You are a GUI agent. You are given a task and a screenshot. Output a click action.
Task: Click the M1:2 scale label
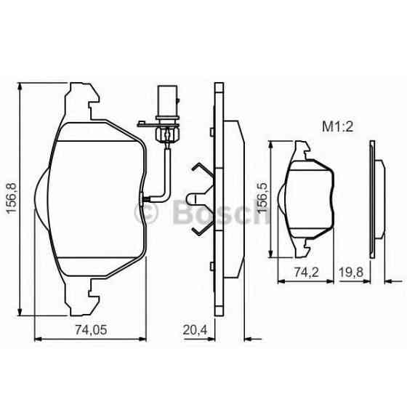click(x=337, y=126)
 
